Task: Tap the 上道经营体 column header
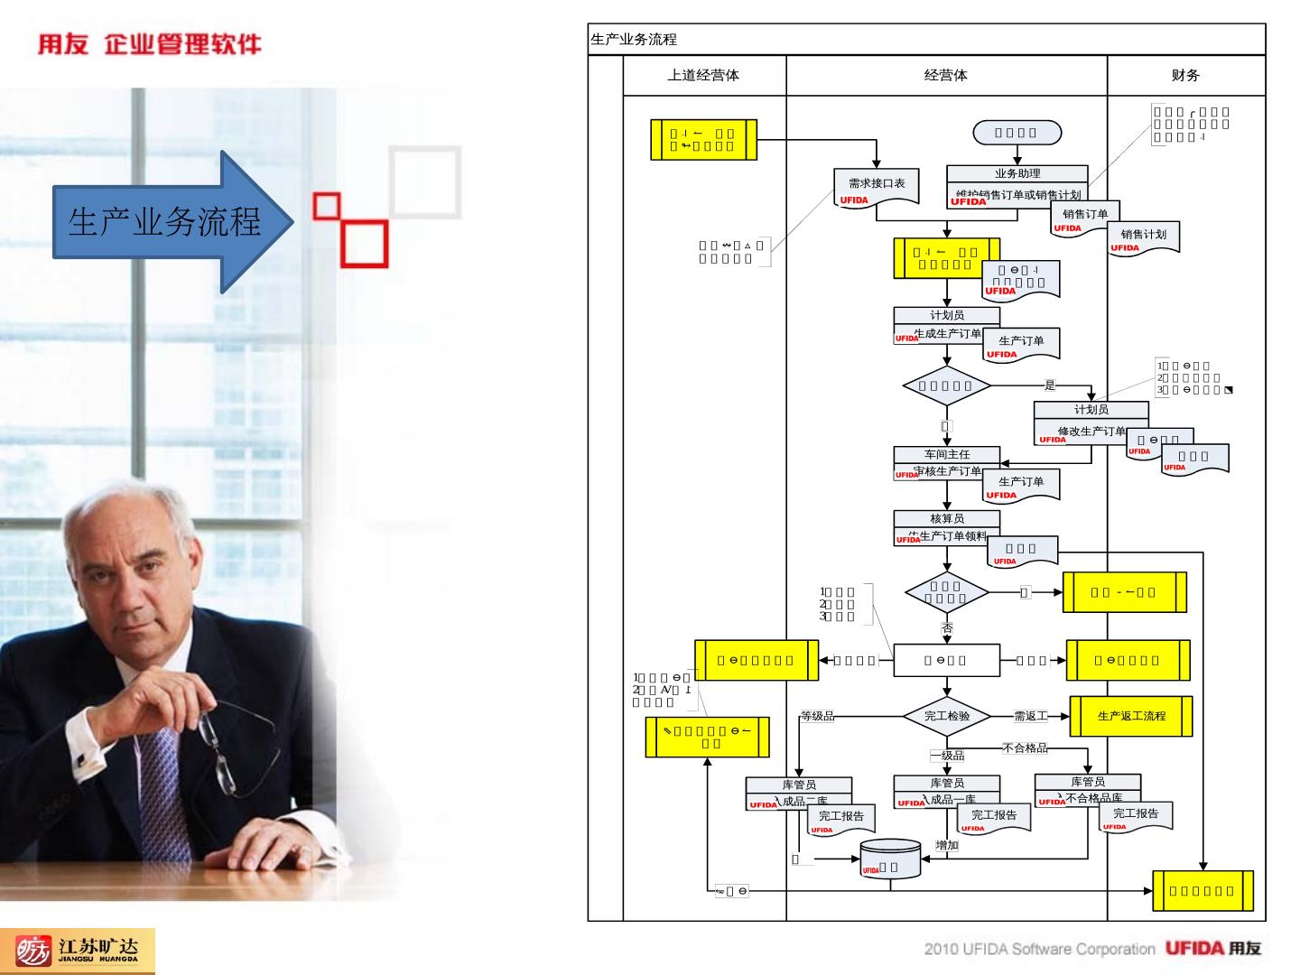[x=703, y=76]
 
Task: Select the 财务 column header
[x=1185, y=76]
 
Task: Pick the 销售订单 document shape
[x=1084, y=218]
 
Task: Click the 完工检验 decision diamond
[x=947, y=716]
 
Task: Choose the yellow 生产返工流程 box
[x=1131, y=716]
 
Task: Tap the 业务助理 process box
[x=1017, y=184]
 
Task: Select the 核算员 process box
[x=947, y=527]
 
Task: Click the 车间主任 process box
[x=947, y=462]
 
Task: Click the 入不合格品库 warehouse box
[x=1088, y=790]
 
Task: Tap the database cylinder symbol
[x=890, y=860]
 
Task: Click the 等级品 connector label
[x=817, y=717]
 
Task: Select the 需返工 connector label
[x=1030, y=717]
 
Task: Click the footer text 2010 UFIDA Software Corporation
[x=1038, y=949]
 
